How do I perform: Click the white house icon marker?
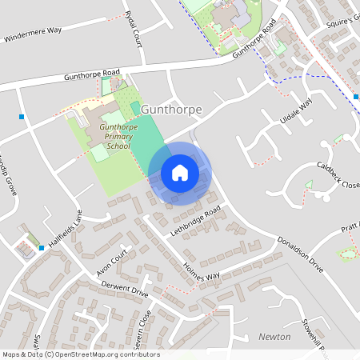[179, 173]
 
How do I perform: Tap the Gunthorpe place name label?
[171, 109]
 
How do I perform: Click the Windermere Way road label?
[32, 34]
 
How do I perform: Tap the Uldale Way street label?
[294, 112]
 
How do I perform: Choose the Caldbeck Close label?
[338, 174]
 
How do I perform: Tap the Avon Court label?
[113, 262]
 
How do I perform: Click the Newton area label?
[274, 337]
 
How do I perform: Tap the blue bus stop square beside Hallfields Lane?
[42, 248]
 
